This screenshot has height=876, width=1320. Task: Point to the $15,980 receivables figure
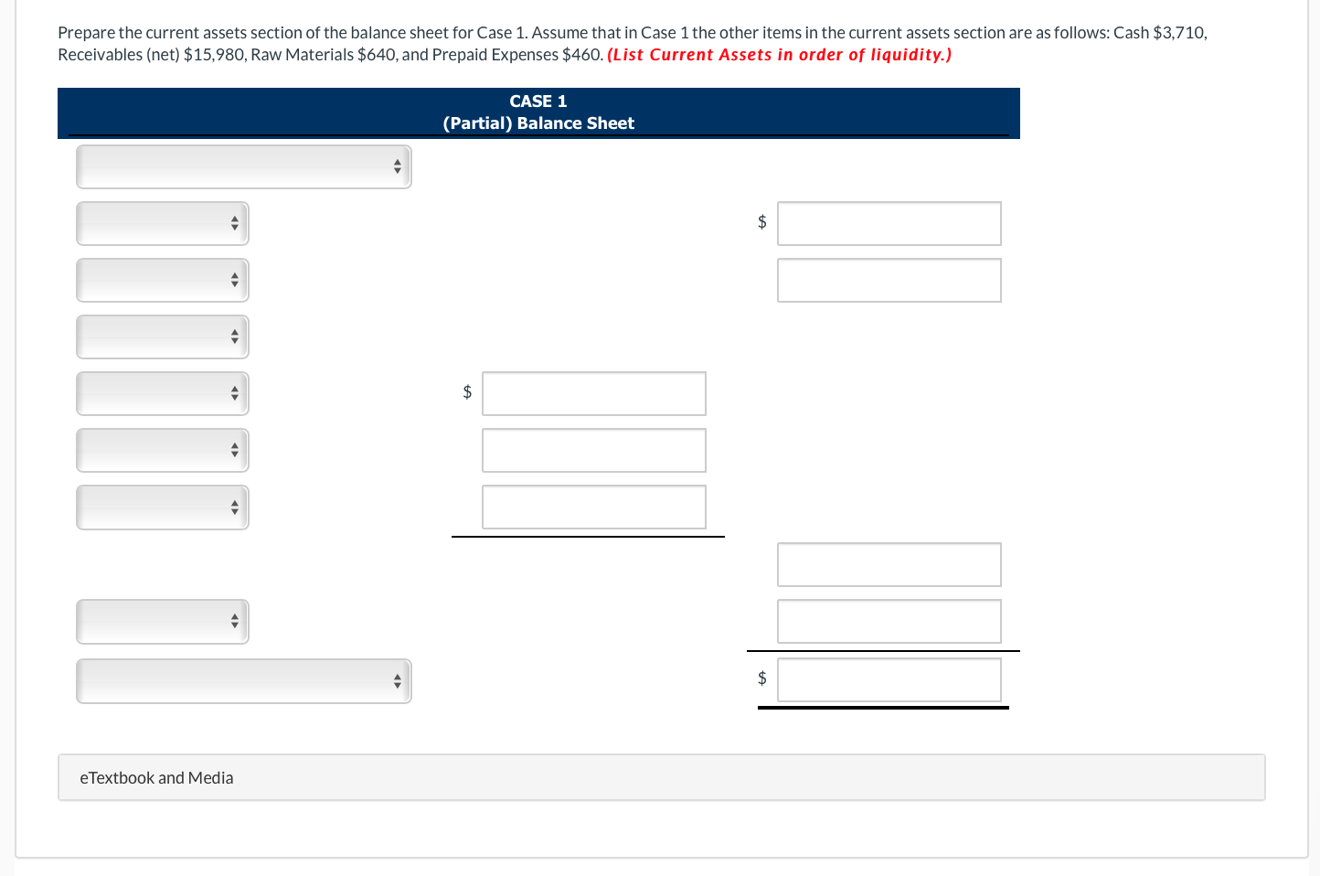(x=214, y=55)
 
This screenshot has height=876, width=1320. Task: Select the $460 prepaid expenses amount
(x=581, y=55)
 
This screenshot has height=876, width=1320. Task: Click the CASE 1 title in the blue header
(x=538, y=101)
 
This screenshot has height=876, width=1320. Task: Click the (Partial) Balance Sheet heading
(x=538, y=123)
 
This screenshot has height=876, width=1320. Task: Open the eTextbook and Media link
(x=156, y=778)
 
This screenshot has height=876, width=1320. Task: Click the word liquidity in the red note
(x=906, y=55)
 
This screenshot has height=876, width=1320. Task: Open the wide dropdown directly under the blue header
(x=243, y=167)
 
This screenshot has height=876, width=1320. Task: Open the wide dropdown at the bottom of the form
(x=243, y=681)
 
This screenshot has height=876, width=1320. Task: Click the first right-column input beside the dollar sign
(x=889, y=224)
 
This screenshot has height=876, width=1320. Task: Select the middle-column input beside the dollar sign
(x=593, y=394)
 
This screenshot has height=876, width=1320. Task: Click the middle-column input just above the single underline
(x=593, y=507)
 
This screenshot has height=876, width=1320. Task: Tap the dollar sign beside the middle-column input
(x=467, y=392)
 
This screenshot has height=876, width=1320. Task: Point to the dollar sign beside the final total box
(x=762, y=678)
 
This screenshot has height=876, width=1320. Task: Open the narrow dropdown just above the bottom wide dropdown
(x=163, y=622)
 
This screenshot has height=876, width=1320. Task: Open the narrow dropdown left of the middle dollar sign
(x=163, y=394)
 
